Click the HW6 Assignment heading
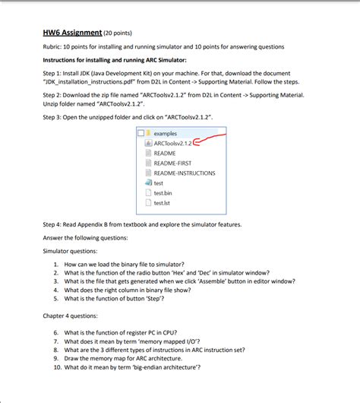pyautogui.click(x=72, y=33)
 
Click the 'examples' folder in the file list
pyautogui.click(x=165, y=132)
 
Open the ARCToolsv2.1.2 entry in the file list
pyautogui.click(x=172, y=142)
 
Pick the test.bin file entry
pyautogui.click(x=162, y=193)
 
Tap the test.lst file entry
pyautogui.click(x=161, y=203)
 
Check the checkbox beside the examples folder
pyautogui.click(x=141, y=132)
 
